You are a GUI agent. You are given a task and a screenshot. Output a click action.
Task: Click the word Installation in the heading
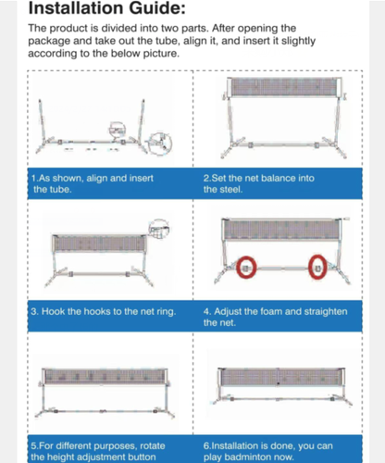[76, 8]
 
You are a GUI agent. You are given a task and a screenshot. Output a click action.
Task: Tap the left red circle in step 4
[246, 268]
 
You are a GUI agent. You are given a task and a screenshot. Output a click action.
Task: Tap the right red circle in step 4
[317, 268]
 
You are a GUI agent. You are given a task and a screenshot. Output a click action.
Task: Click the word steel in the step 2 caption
[232, 189]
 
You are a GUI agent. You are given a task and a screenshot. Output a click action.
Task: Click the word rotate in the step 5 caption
[153, 446]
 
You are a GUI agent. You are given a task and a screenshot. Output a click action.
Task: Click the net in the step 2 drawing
[284, 87]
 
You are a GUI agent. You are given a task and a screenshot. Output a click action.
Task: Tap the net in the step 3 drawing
[100, 244]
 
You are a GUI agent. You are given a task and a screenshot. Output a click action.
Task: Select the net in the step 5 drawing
[105, 377]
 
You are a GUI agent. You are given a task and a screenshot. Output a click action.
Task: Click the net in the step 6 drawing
[281, 377]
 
